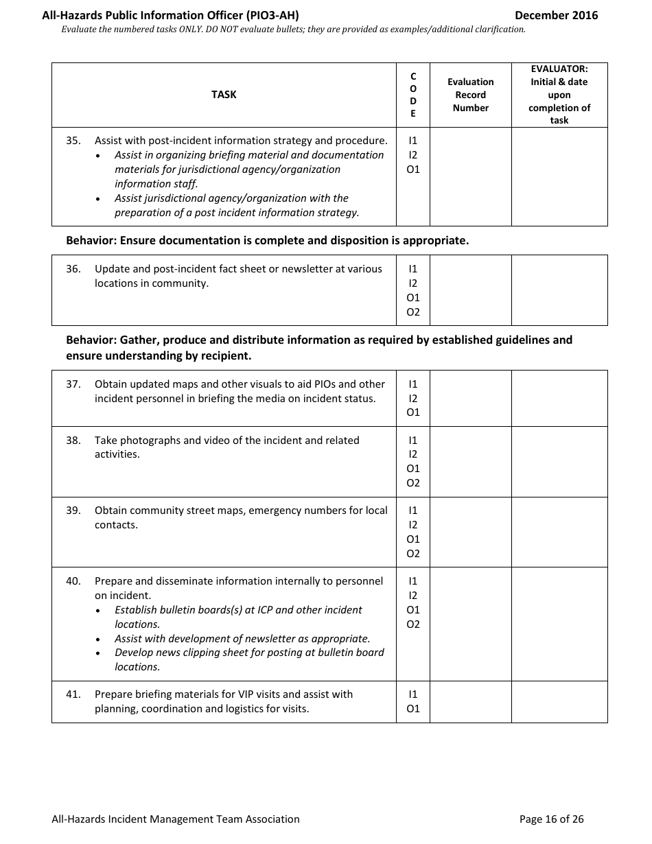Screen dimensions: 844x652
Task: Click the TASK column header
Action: coord(224,95)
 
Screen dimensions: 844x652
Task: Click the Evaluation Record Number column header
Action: coord(471,95)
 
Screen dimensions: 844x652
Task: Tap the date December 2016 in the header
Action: coord(556,15)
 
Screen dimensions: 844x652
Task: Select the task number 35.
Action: coord(73,141)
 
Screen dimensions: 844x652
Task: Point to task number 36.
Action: coord(73,269)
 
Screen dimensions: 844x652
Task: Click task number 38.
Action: coord(73,441)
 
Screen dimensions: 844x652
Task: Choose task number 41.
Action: coord(73,694)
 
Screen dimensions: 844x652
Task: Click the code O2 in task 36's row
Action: coord(413,312)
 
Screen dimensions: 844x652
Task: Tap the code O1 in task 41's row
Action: coord(413,709)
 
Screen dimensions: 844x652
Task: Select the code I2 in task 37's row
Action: coord(413,399)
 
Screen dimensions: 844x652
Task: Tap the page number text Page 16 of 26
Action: coord(551,819)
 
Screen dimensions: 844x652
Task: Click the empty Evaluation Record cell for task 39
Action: coord(471,532)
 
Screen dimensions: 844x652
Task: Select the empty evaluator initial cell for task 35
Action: coord(559,176)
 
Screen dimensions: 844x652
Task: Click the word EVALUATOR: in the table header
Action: coord(559,69)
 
